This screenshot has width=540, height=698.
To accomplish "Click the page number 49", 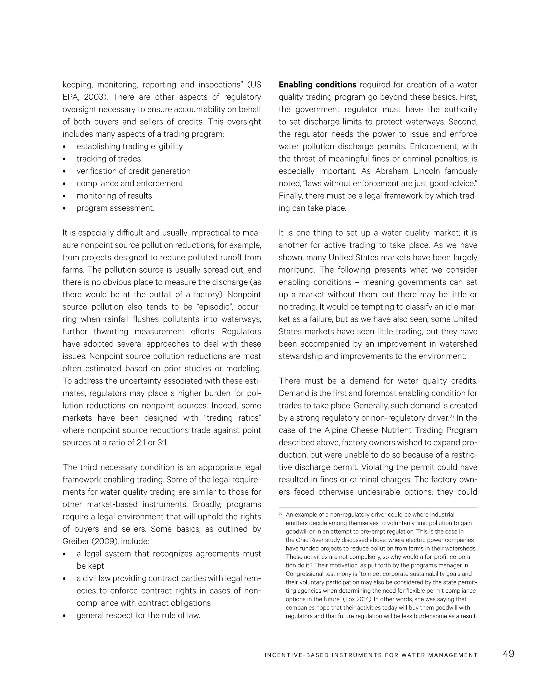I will click(x=508, y=653).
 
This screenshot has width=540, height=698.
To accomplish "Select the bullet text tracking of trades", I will click(x=108, y=159).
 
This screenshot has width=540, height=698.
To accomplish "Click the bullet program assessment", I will click(x=115, y=208).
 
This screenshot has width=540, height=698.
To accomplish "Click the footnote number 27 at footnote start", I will click(x=281, y=514).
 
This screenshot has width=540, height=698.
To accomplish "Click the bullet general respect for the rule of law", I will click(x=138, y=615).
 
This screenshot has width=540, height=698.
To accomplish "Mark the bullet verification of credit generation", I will click(x=133, y=171).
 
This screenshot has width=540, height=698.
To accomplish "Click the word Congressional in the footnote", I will click(x=303, y=574).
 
